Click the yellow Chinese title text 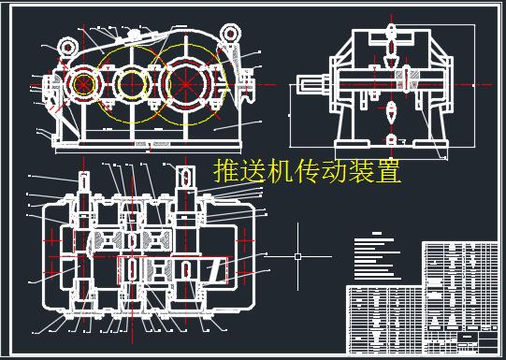pyautogui.click(x=307, y=173)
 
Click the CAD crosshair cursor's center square pyautogui.click(x=297, y=254)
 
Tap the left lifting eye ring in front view pyautogui.click(x=66, y=45)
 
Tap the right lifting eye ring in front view pyautogui.click(x=229, y=36)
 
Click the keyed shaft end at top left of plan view pyautogui.click(x=82, y=181)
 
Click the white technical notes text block pyautogui.click(x=378, y=257)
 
